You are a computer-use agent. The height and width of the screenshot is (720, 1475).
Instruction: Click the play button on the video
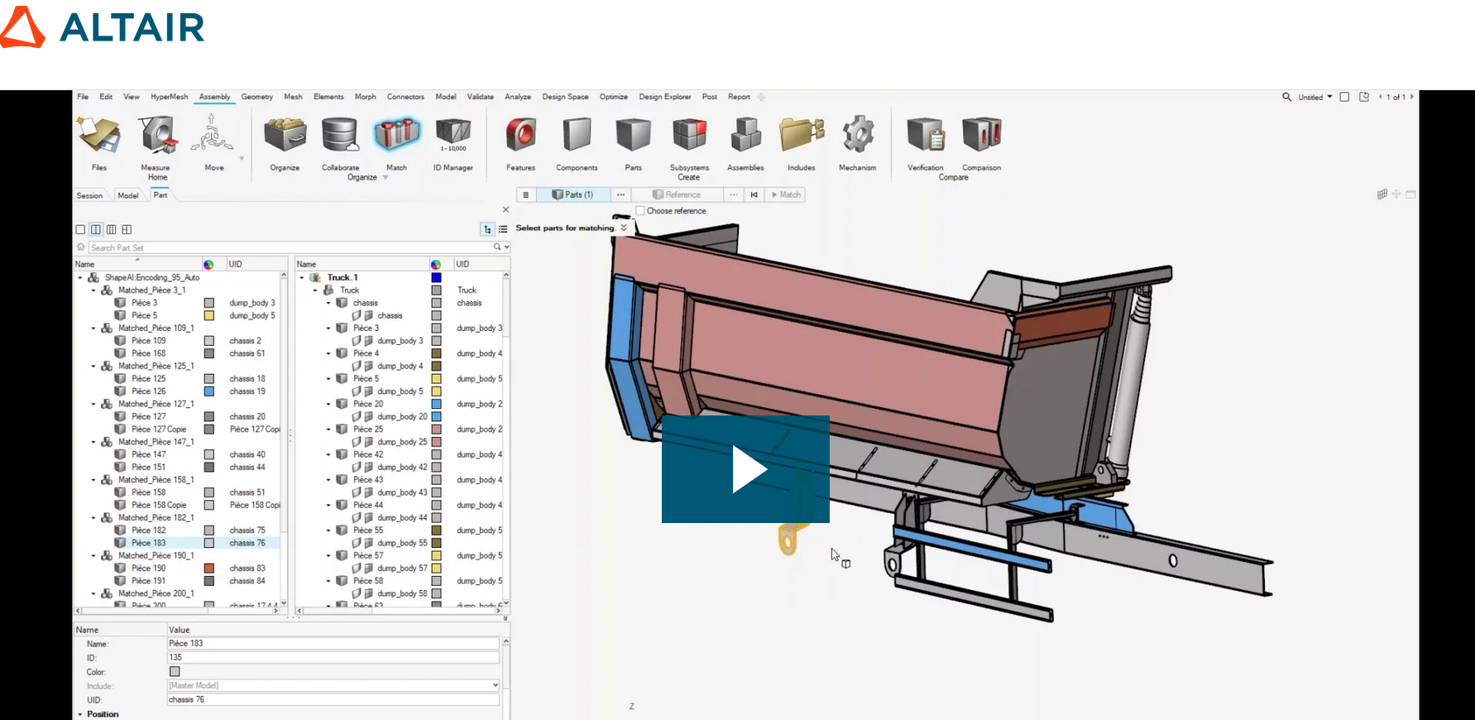[x=745, y=469]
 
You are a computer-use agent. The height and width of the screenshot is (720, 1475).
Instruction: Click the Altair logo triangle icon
[x=22, y=28]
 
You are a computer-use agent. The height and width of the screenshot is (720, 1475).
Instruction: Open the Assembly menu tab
[x=214, y=97]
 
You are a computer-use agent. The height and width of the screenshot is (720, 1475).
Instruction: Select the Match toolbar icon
[x=396, y=135]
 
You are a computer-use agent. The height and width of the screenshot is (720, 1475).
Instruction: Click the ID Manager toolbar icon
[x=453, y=135]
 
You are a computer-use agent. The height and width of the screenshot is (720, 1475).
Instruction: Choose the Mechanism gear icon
[x=857, y=135]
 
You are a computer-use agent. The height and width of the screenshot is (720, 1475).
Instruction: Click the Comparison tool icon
[x=981, y=135]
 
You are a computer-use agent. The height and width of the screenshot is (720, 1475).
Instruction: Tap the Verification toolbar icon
[x=925, y=135]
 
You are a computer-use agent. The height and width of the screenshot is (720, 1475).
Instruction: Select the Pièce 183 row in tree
[x=149, y=543]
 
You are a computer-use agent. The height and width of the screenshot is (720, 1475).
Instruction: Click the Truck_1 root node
[x=342, y=277]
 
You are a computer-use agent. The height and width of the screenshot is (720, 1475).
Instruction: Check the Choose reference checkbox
[x=639, y=211]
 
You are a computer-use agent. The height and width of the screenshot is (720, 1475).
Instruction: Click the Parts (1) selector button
[x=572, y=194]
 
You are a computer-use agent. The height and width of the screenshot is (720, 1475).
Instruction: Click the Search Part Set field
[x=290, y=247]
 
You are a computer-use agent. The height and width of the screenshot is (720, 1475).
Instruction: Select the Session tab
[x=89, y=195]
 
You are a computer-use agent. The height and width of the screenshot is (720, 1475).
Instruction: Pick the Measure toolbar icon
[x=157, y=135]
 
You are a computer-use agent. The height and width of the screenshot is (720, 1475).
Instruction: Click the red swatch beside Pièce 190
[x=209, y=569]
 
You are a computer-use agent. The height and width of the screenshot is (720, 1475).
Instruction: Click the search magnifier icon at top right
[x=1286, y=97]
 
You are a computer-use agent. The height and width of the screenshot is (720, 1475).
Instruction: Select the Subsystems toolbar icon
[x=689, y=135]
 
